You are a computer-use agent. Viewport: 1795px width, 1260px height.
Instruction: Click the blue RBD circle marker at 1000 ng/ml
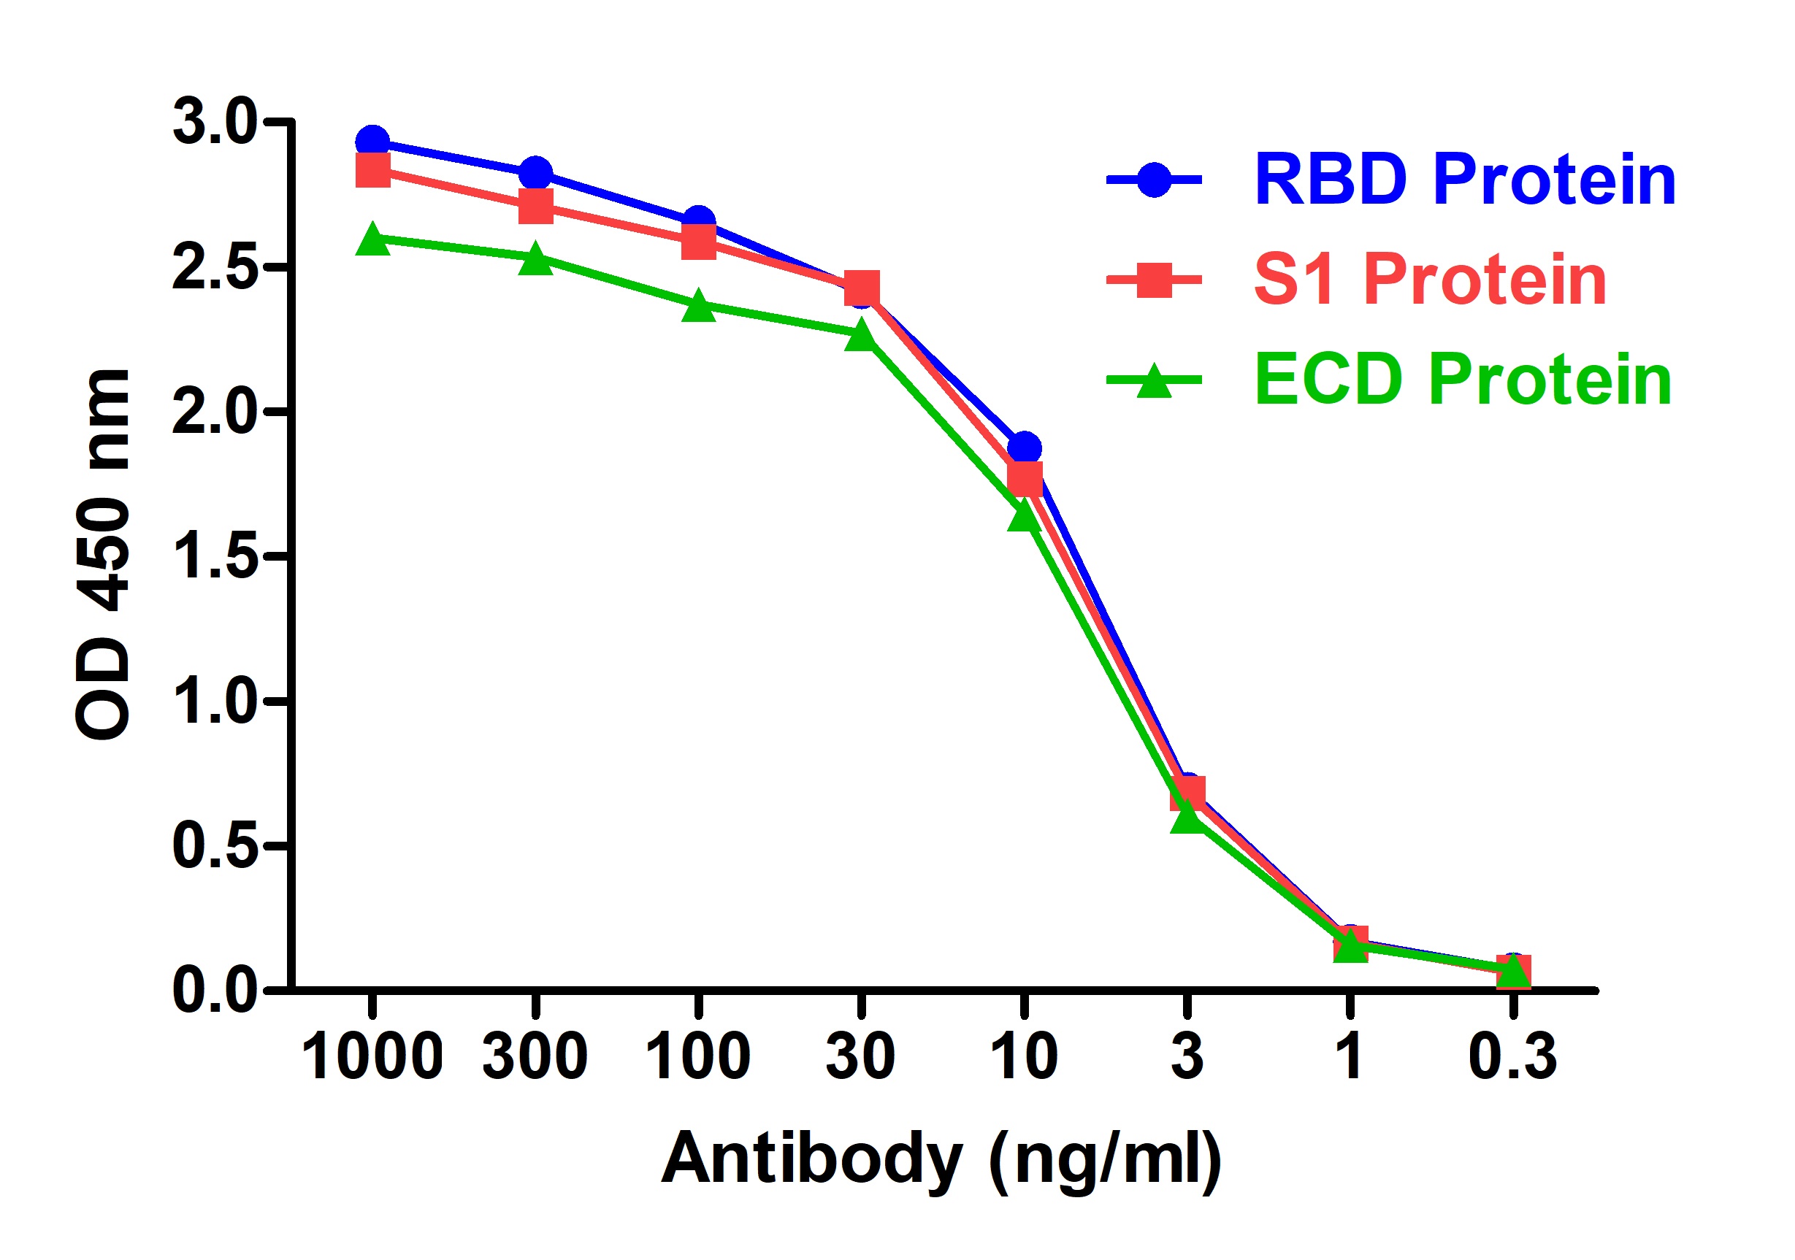[373, 142]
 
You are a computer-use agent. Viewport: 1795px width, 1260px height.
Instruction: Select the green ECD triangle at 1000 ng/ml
[373, 240]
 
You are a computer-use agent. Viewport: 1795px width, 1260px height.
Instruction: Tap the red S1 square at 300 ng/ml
[535, 207]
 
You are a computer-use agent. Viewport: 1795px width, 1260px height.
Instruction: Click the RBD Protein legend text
[1465, 180]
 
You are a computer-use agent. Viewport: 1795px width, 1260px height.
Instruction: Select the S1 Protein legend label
[1430, 280]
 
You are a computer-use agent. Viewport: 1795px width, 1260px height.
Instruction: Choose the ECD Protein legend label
[1463, 380]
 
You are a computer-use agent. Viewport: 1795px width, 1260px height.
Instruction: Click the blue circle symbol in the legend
[1154, 180]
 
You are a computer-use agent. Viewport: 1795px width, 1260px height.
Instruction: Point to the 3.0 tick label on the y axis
[214, 123]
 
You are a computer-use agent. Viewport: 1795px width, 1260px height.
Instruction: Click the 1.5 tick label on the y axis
[214, 557]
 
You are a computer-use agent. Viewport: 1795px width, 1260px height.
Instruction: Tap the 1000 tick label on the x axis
[372, 1057]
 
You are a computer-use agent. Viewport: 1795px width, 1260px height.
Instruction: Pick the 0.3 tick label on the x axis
[1513, 1057]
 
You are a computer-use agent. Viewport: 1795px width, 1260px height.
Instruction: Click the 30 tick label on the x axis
[861, 1057]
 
